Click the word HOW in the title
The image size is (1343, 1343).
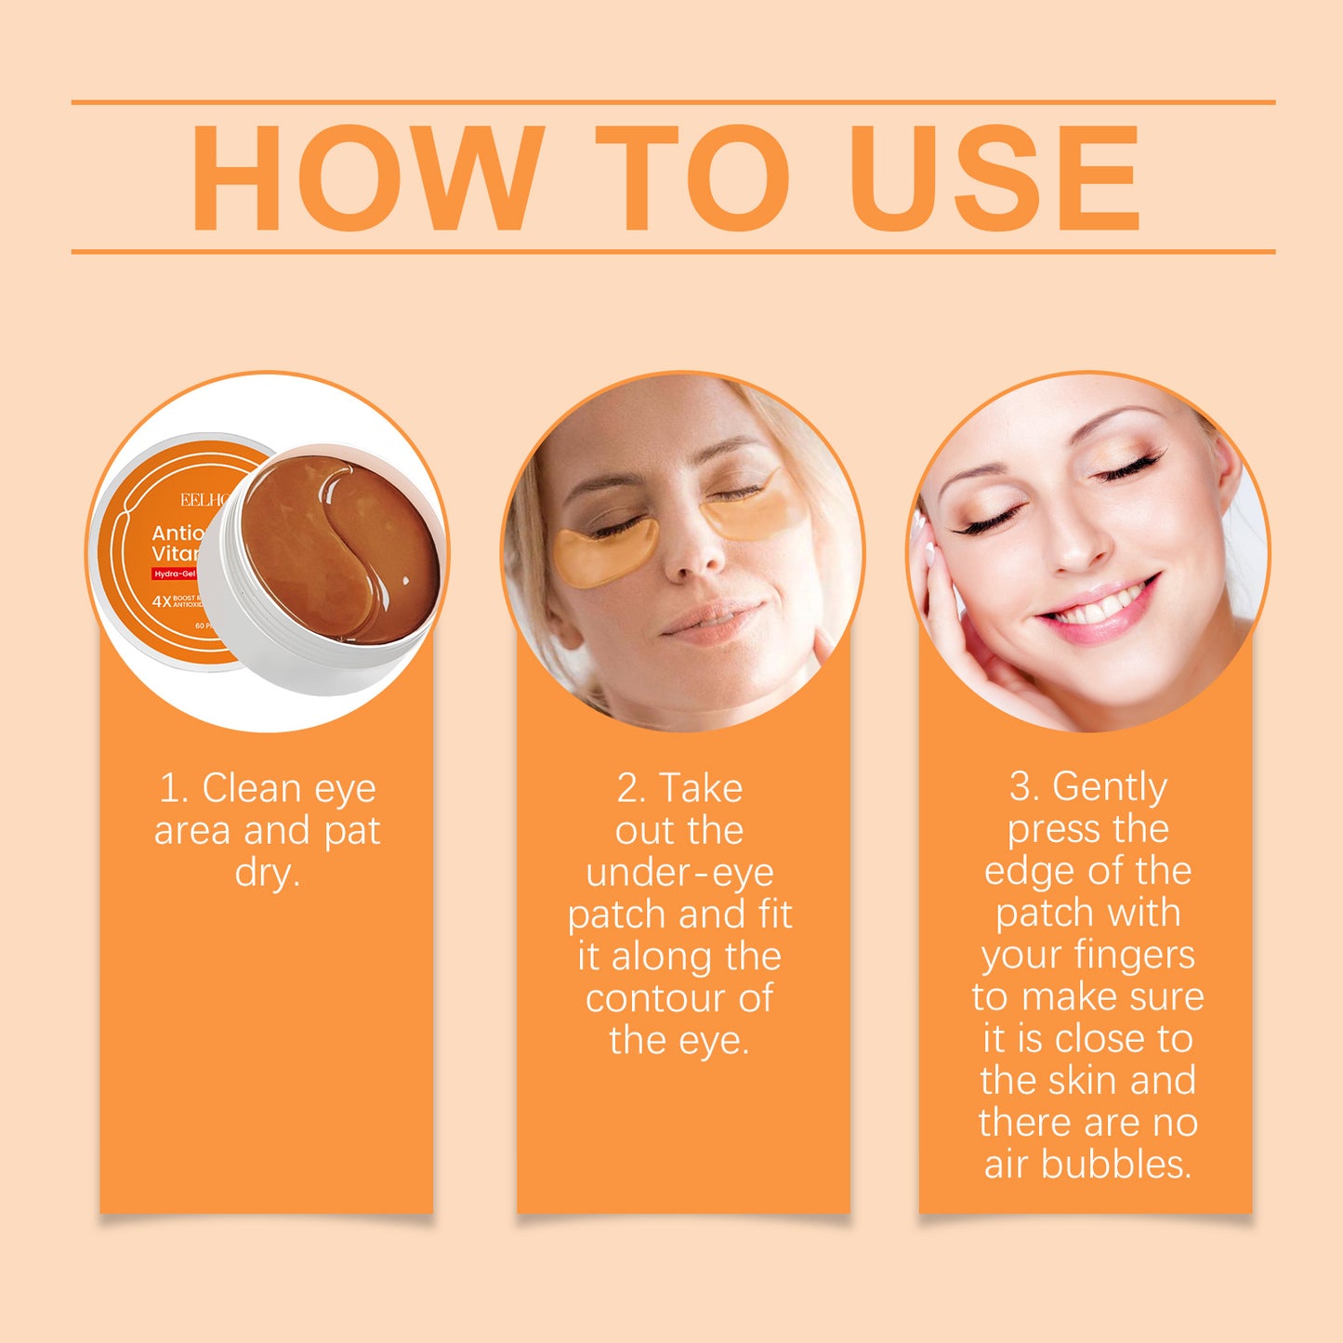(367, 178)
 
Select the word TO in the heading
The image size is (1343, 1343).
(692, 178)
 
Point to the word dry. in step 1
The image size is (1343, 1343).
(268, 873)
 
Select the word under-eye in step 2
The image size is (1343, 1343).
(679, 873)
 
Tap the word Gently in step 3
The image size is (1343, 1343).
(1109, 788)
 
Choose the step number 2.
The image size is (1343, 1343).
(630, 789)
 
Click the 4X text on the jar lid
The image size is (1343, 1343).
(162, 601)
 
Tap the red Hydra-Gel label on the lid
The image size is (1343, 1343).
(175, 574)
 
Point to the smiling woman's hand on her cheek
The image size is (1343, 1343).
(957, 632)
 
